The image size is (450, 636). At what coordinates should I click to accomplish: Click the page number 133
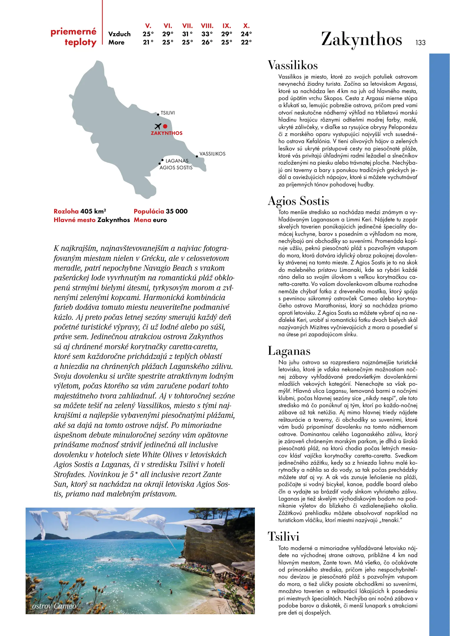420,43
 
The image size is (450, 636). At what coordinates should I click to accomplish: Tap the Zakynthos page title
361,39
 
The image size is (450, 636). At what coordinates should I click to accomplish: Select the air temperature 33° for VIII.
207,34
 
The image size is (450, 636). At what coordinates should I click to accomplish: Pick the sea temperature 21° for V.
148,42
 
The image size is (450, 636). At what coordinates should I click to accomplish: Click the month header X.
246,26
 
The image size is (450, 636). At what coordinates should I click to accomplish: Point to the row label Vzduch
119,34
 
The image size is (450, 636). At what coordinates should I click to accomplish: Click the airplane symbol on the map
158,126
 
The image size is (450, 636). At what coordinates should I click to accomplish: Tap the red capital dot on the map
165,126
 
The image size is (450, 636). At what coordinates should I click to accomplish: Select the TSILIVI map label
167,113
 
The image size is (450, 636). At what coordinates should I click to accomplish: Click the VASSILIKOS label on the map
212,154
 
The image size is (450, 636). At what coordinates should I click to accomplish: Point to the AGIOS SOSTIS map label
176,168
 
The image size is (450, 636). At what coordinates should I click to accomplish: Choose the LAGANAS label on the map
177,161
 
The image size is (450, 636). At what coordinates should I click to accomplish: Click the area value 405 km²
93,211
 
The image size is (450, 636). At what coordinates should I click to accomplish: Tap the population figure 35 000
177,211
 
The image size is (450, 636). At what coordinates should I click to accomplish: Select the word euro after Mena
160,220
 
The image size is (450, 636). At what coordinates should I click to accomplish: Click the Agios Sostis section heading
298,201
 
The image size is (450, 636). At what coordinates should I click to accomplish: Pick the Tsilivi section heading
283,536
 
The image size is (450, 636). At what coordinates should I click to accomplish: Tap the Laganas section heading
289,351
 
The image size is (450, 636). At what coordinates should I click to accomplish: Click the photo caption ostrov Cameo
54,606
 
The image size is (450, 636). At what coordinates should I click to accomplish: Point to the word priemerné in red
74,32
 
